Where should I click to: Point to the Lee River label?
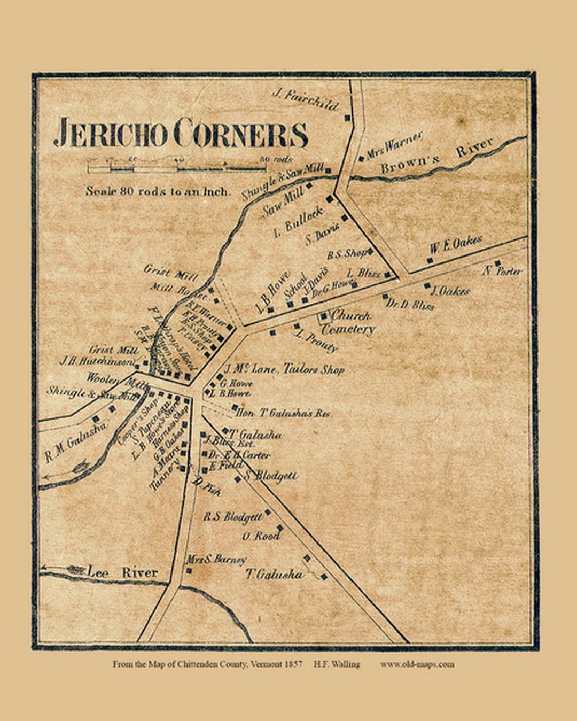point(123,572)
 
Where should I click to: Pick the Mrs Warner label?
point(394,144)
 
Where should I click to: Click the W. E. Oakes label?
point(456,245)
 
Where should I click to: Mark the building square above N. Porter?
point(497,263)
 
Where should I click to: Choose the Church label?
point(350,315)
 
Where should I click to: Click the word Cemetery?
point(348,329)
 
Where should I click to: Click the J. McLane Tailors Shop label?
point(284,369)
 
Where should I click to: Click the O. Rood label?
point(260,536)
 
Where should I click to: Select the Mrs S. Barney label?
point(216,560)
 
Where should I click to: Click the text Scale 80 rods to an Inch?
point(158,191)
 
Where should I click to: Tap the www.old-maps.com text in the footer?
point(417,664)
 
